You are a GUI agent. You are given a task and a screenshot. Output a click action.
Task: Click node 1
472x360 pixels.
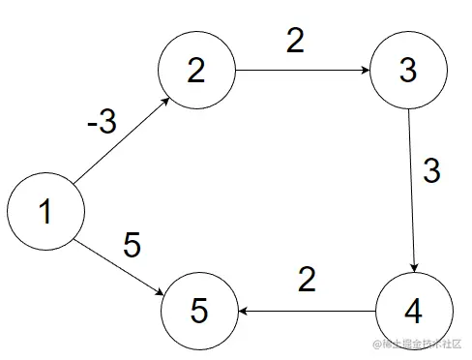click(44, 212)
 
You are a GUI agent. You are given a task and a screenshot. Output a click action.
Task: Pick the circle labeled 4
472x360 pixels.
click(413, 312)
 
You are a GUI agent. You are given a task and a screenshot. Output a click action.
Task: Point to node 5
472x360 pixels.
click(198, 312)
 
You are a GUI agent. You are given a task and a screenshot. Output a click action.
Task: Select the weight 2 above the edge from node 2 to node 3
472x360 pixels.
click(296, 41)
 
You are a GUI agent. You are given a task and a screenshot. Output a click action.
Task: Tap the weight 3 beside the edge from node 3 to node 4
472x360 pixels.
click(432, 171)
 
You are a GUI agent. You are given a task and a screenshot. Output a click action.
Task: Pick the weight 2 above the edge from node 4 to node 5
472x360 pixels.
click(307, 280)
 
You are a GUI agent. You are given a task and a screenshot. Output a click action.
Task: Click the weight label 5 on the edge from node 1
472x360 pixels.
click(133, 246)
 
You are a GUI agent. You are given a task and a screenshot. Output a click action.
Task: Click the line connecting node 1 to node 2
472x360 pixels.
click(121, 138)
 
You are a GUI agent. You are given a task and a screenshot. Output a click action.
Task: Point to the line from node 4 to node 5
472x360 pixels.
click(308, 312)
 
